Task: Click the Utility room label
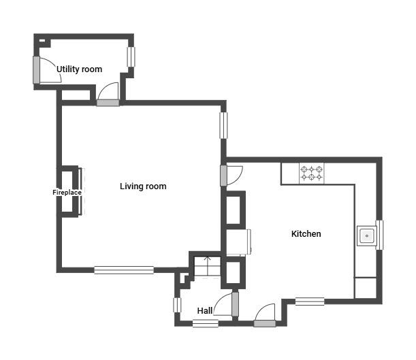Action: (x=79, y=69)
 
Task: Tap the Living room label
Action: (x=143, y=186)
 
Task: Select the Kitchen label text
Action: (x=306, y=233)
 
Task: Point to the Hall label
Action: (x=204, y=311)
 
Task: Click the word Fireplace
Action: (x=67, y=193)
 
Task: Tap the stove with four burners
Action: (x=312, y=173)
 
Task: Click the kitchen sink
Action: (x=366, y=236)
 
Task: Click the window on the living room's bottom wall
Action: (x=124, y=269)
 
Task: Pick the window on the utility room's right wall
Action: (x=131, y=57)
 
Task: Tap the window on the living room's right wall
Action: (x=223, y=125)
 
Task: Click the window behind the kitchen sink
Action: (x=379, y=235)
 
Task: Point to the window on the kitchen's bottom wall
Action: (x=310, y=301)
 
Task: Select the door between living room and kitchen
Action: (x=224, y=175)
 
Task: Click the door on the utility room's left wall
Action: (x=37, y=69)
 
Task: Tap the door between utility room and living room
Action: (x=108, y=103)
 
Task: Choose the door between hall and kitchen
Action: (x=236, y=304)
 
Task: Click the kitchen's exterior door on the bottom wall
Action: (x=265, y=323)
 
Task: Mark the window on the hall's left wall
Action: (x=177, y=305)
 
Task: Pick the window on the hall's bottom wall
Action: (x=205, y=323)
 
